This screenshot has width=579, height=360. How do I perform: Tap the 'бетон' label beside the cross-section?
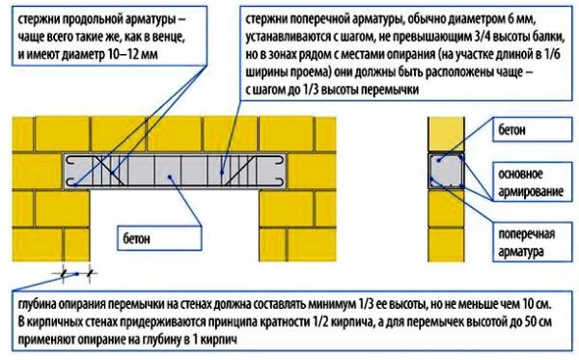click(513, 127)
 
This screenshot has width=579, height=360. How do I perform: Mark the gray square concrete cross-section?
click(446, 171)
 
